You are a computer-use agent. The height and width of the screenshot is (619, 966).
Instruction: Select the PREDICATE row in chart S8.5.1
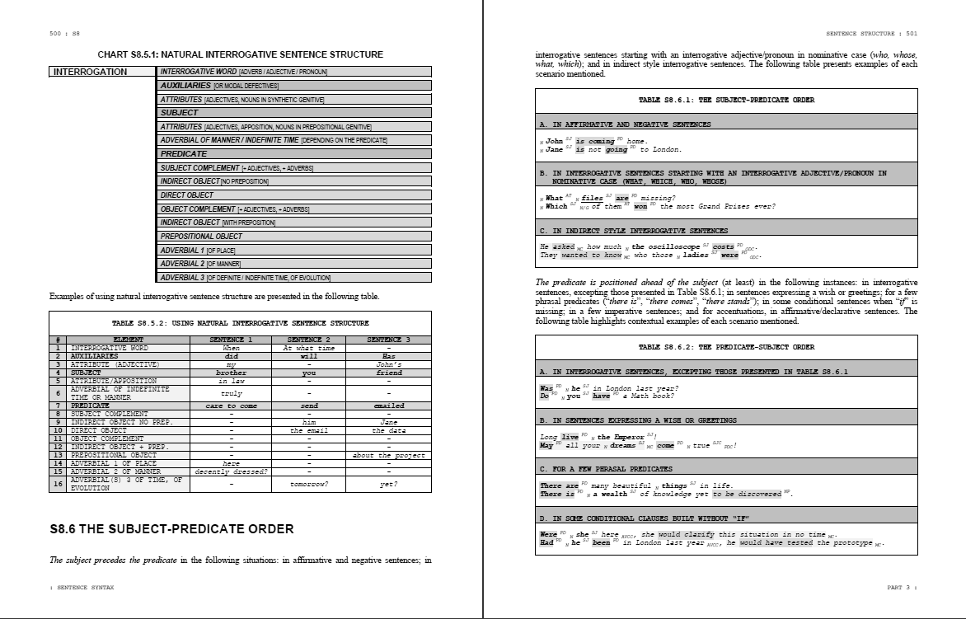pyautogui.click(x=294, y=154)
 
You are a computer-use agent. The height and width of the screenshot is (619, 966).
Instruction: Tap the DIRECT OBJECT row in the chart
pyautogui.click(x=294, y=195)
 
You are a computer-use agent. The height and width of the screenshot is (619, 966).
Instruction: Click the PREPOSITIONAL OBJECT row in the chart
pyautogui.click(x=294, y=237)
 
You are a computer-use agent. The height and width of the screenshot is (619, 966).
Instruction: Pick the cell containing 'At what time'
pyautogui.click(x=309, y=348)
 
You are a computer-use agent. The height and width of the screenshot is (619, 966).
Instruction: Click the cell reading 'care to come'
pyautogui.click(x=232, y=406)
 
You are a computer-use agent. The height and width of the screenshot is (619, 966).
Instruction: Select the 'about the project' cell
pyautogui.click(x=388, y=455)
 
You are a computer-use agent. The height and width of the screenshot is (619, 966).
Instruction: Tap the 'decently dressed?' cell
pyautogui.click(x=232, y=471)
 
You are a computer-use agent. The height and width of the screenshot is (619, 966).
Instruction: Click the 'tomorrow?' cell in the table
pyautogui.click(x=309, y=484)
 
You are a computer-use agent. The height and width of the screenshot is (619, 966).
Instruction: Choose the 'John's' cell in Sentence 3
pyautogui.click(x=388, y=364)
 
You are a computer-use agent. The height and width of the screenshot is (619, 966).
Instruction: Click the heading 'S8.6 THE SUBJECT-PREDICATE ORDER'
pyautogui.click(x=171, y=528)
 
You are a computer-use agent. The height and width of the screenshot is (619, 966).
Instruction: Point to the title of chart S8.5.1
pyautogui.click(x=240, y=54)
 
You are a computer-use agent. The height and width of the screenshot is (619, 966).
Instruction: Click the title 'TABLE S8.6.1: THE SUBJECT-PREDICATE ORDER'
pyautogui.click(x=726, y=100)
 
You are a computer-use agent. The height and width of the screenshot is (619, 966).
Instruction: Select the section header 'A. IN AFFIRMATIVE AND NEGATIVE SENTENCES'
pyautogui.click(x=625, y=124)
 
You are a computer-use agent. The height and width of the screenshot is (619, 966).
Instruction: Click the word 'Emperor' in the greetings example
pyautogui.click(x=627, y=437)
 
